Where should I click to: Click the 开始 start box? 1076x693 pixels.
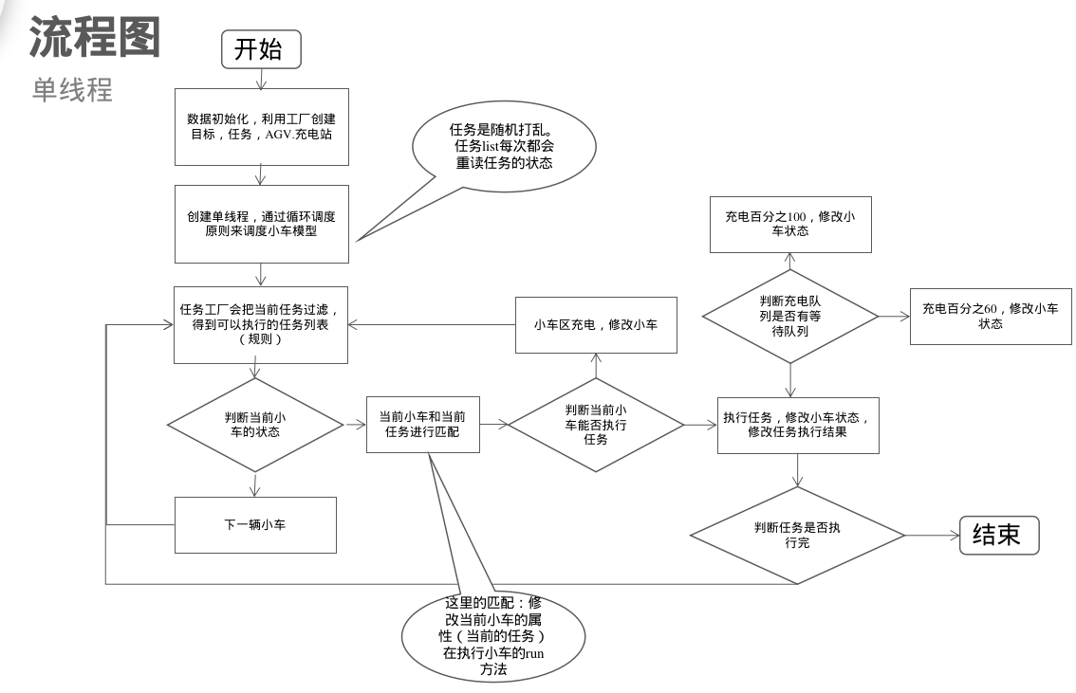(261, 49)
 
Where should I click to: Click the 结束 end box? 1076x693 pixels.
(999, 536)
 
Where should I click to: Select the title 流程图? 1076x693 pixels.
(95, 36)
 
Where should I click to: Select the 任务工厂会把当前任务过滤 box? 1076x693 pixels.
(260, 324)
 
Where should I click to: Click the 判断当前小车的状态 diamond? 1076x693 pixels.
(253, 425)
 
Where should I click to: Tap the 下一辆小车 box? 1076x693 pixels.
(255, 524)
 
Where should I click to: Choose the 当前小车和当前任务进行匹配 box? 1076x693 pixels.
(423, 424)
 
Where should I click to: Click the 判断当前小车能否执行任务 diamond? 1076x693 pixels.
(596, 425)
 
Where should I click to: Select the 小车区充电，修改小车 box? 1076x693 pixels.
(596, 324)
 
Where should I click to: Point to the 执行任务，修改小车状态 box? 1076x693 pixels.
(797, 425)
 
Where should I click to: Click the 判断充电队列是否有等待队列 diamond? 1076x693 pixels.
(789, 316)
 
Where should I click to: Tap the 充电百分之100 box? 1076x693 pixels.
(790, 224)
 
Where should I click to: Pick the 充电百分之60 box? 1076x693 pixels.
(990, 316)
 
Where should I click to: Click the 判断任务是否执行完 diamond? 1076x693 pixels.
(797, 536)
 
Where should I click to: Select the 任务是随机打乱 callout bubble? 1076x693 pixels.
(504, 147)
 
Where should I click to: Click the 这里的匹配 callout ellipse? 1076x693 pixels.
(493, 635)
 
